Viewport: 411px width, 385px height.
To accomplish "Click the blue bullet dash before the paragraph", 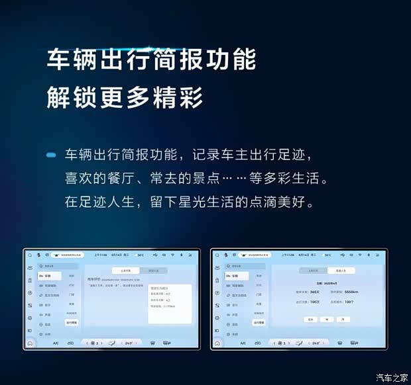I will click(51, 155).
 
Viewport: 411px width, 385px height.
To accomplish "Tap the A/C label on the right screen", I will click(243, 343).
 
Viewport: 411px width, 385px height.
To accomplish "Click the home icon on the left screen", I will click(30, 343).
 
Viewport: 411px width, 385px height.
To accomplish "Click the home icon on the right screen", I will click(217, 343).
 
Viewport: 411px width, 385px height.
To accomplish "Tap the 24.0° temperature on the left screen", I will click(130, 343).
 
